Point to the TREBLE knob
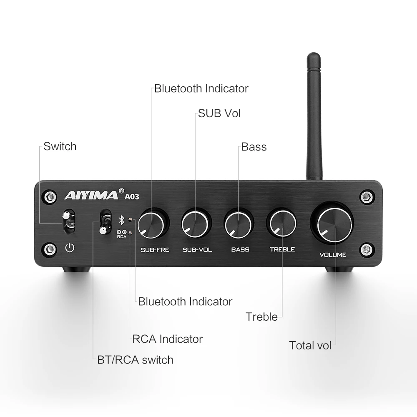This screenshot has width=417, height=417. pos(282,223)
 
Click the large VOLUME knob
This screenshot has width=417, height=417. pos(332,223)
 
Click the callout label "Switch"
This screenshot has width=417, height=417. pos(60,146)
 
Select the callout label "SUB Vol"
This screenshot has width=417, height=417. pos(219,113)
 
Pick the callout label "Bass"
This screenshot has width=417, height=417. pos(254,147)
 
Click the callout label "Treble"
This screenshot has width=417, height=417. pos(261,317)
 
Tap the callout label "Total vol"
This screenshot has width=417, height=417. pos(310,345)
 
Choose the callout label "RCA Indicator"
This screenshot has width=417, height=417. pos(167,339)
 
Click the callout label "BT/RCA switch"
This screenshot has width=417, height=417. pos(135,359)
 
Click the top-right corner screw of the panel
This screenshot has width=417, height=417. pos(366,196)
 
